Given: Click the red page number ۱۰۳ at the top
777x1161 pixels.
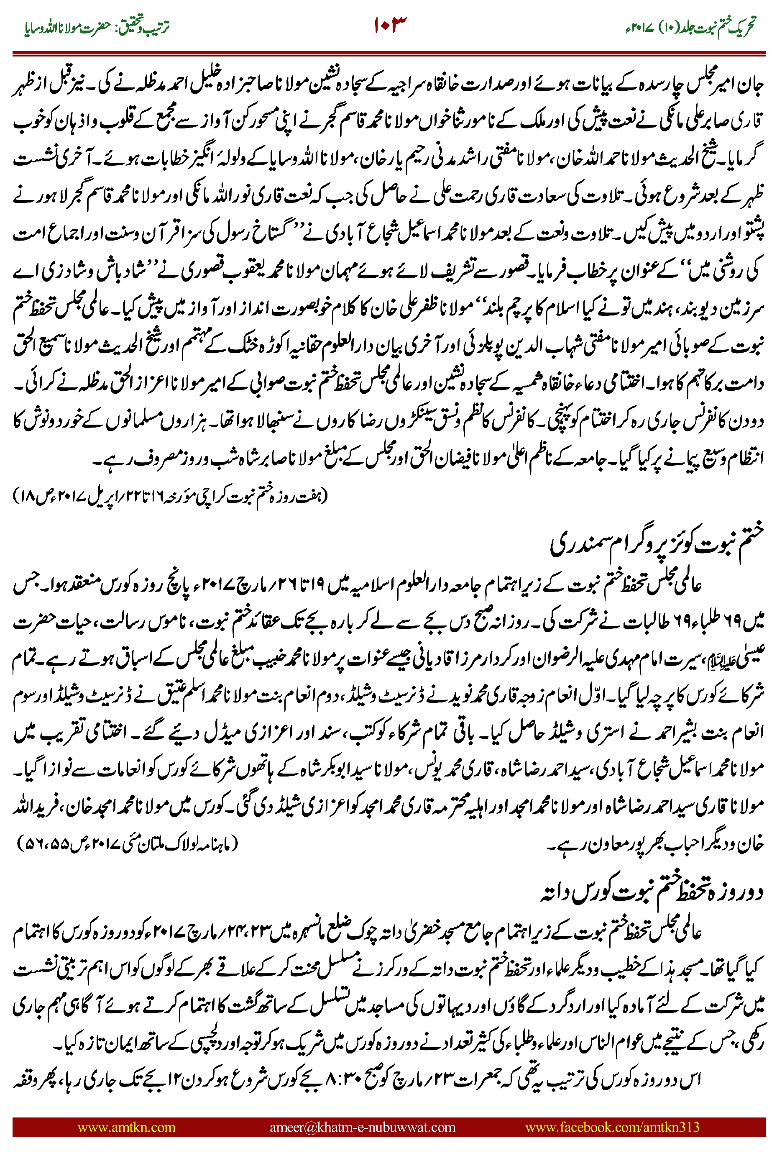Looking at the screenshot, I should point(389,25).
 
